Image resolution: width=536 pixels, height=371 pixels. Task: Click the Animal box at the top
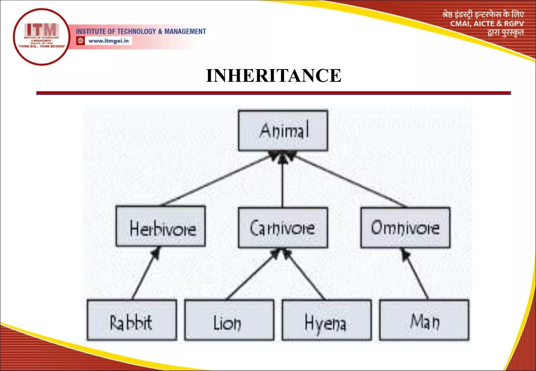(283, 130)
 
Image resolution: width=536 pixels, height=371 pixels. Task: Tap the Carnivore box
(283, 228)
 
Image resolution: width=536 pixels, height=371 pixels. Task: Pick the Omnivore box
(405, 228)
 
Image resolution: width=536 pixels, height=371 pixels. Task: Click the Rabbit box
(132, 320)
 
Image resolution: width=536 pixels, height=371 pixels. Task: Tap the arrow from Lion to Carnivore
(251, 275)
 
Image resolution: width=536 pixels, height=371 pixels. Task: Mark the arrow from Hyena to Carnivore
(305, 275)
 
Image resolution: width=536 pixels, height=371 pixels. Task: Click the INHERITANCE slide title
(273, 76)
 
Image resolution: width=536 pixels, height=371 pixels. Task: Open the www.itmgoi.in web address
(108, 41)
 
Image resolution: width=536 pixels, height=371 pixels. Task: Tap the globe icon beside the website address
(80, 41)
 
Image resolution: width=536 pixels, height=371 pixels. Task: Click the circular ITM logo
(41, 37)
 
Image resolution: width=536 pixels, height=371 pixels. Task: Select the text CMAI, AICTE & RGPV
(487, 24)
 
